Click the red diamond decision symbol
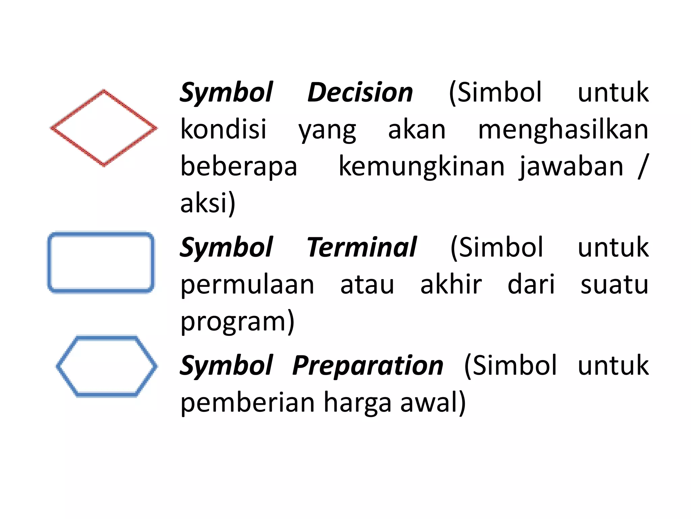(104, 128)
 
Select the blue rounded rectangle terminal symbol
(101, 262)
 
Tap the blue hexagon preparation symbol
(107, 366)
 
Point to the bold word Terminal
(361, 247)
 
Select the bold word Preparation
(367, 366)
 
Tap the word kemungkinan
(421, 166)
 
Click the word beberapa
(239, 166)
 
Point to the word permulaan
(247, 285)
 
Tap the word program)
(238, 322)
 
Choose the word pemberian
(247, 402)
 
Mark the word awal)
(433, 402)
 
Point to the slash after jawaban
(643, 166)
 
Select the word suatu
(614, 285)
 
